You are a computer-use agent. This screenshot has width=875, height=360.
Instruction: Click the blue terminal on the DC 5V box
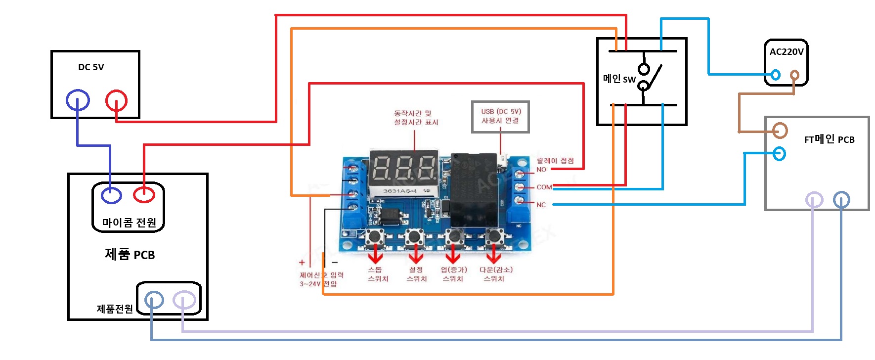(78, 100)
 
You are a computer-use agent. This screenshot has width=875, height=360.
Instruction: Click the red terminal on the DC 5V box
(116, 101)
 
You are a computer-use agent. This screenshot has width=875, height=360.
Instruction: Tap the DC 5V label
(91, 67)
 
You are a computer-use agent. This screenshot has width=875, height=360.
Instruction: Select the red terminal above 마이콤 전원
(144, 194)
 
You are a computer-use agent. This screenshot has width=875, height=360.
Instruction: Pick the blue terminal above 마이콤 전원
(111, 195)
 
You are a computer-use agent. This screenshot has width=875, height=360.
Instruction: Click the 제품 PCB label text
(130, 255)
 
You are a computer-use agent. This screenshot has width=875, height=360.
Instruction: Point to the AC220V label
(786, 52)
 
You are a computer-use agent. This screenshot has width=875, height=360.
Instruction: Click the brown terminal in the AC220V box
(794, 75)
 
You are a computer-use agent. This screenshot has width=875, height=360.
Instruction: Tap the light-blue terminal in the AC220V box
(776, 75)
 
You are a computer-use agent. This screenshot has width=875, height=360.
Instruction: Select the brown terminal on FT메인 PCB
(780, 131)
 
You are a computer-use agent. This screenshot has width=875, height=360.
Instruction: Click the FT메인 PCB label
(829, 140)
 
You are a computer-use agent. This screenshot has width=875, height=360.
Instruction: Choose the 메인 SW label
(619, 79)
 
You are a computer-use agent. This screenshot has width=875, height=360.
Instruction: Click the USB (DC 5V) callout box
(500, 117)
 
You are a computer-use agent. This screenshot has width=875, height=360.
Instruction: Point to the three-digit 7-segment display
(404, 168)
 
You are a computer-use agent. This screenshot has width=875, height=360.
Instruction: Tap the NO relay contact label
(541, 170)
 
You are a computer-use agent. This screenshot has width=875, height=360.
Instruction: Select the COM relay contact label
(544, 187)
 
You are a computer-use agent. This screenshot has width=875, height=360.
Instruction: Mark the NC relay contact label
(541, 205)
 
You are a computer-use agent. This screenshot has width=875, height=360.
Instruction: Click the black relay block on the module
(474, 190)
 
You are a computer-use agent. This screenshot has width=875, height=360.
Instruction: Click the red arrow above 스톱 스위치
(375, 255)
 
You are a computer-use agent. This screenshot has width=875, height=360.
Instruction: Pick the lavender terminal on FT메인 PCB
(814, 200)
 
